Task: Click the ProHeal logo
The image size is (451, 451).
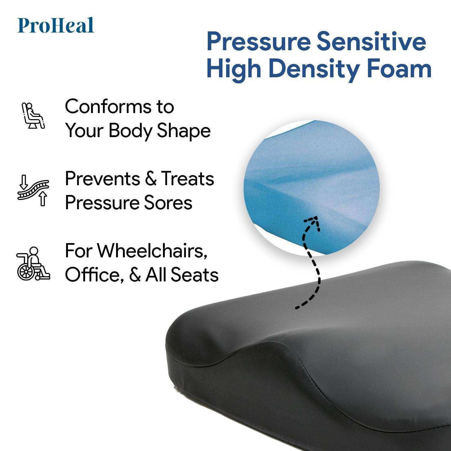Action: pos(56,26)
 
